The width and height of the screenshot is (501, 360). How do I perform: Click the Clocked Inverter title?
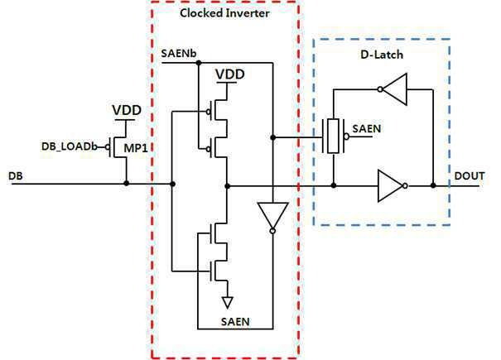pyautogui.click(x=224, y=13)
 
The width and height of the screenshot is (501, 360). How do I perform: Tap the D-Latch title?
pyautogui.click(x=382, y=55)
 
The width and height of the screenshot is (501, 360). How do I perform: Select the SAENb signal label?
pyautogui.click(x=179, y=53)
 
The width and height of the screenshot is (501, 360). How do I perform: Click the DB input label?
pyautogui.click(x=16, y=176)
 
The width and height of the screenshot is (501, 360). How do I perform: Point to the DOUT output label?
pyautogui.click(x=470, y=176)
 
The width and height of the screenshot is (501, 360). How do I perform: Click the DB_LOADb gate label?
pyautogui.click(x=70, y=146)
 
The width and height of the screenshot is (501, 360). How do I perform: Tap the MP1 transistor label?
pyautogui.click(x=136, y=148)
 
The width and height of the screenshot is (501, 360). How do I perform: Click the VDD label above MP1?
pyautogui.click(x=127, y=110)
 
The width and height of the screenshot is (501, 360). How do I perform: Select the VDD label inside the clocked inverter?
pyautogui.click(x=230, y=74)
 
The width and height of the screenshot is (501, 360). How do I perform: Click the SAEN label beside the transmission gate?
pyautogui.click(x=367, y=129)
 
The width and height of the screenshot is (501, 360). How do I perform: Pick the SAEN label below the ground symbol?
pyautogui.click(x=235, y=321)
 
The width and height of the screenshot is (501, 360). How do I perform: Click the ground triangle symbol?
pyautogui.click(x=228, y=303)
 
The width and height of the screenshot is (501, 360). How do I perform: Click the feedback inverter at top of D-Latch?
pyautogui.click(x=393, y=89)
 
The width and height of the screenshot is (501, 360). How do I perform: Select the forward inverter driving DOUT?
pyautogui.click(x=393, y=185)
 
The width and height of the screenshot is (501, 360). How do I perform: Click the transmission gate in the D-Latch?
pyautogui.click(x=334, y=136)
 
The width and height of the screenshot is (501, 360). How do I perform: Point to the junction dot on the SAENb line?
pyautogui.click(x=199, y=63)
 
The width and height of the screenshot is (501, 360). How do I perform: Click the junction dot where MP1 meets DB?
pyautogui.click(x=127, y=184)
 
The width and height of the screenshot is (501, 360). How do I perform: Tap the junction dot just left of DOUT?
pyautogui.click(x=433, y=185)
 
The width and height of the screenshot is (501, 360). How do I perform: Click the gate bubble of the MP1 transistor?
pyautogui.click(x=108, y=147)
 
